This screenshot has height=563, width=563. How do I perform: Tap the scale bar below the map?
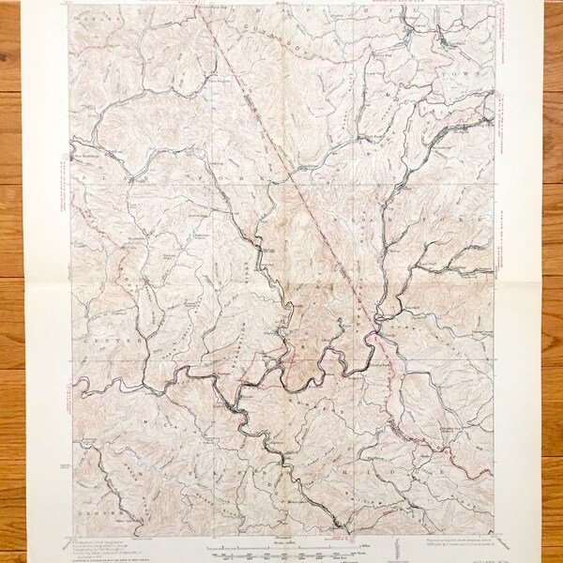281,545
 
